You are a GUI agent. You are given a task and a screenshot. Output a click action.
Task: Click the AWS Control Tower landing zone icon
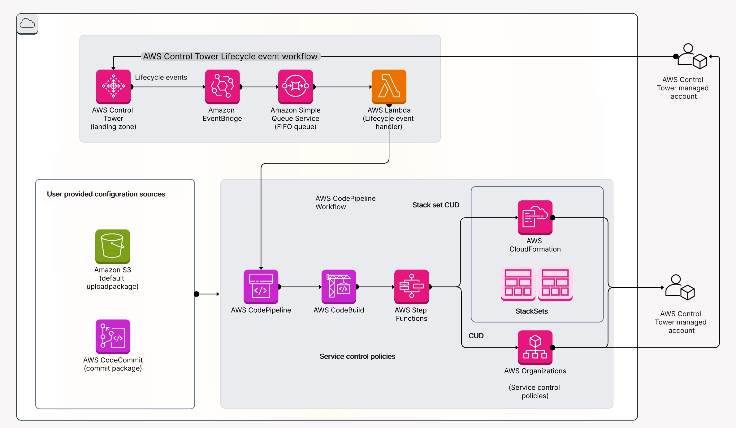coord(113,87)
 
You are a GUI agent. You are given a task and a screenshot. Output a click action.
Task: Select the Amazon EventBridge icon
coord(222,87)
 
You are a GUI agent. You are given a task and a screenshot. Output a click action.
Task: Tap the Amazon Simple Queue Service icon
coord(295,87)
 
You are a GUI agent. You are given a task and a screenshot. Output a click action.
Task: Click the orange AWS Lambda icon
coord(389,87)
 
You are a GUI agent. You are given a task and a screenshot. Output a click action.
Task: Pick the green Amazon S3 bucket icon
coord(112,246)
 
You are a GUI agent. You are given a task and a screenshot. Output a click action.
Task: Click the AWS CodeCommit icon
coord(113,336)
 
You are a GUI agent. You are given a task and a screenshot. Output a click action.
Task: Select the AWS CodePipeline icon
coord(261,286)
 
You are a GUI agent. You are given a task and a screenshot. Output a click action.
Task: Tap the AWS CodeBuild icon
coord(339,286)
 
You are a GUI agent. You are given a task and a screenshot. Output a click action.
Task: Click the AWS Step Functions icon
coord(411,286)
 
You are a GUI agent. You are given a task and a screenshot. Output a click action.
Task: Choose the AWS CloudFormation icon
coord(535,217)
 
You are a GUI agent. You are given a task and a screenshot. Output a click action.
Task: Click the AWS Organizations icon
coord(535,347)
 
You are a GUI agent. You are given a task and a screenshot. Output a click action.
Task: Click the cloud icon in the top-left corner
coord(27,24)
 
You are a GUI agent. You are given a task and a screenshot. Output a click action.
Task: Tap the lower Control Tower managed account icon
coord(680,287)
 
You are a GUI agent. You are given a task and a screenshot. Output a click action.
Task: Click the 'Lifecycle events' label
coord(161,77)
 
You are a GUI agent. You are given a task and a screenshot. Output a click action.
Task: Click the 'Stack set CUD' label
coord(435,205)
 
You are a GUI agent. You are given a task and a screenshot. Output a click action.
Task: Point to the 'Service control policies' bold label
coord(357,356)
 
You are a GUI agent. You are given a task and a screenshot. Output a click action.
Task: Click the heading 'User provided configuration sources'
coord(106,194)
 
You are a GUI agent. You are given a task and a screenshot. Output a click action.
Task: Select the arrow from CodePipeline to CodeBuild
coord(300,287)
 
